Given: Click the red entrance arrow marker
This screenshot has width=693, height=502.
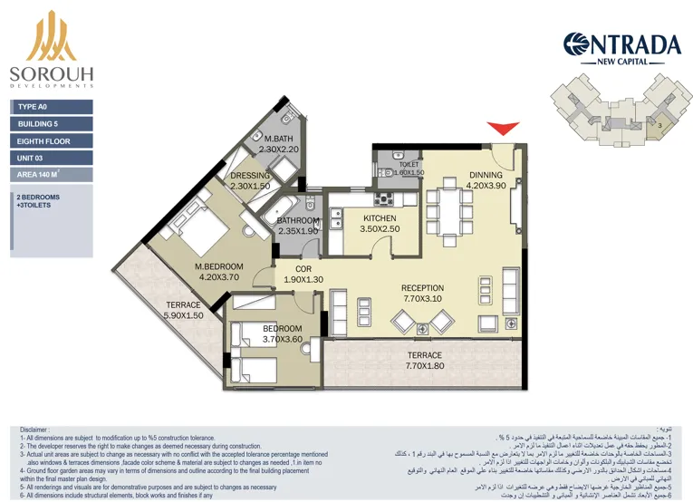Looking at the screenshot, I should click(x=501, y=130).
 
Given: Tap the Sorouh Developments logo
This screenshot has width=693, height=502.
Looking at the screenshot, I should click(x=52, y=53).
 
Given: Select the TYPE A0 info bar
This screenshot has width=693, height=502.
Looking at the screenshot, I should click(x=53, y=107).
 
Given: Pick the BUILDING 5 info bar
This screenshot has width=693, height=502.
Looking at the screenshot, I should click(x=53, y=124).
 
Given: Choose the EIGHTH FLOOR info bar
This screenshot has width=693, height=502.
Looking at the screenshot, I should click(x=53, y=141).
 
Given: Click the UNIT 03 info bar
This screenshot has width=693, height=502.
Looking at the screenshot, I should click(x=53, y=159).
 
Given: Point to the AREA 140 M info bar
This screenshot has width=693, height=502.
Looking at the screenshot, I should click(x=53, y=176).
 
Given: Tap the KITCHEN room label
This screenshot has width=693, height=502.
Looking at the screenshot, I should click(x=380, y=218).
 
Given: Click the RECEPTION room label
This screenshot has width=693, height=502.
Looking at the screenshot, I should click(x=422, y=289).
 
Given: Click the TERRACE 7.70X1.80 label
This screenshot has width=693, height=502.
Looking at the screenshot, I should click(x=424, y=355).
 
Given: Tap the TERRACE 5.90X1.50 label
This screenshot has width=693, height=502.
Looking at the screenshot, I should click(x=183, y=305).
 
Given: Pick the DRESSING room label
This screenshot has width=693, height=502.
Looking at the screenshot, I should click(x=250, y=176).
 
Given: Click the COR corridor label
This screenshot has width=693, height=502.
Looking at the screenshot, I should click(x=303, y=268).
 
